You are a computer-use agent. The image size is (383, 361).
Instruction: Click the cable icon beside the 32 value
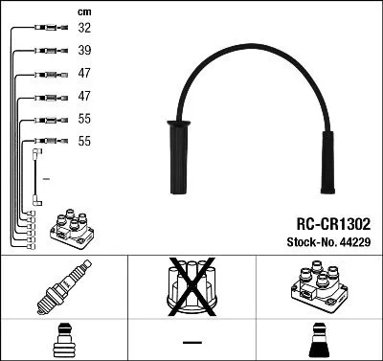(x=45, y=30)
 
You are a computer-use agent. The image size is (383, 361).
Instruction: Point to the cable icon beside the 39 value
(x=45, y=52)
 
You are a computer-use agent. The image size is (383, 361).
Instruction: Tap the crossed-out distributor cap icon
(x=191, y=287)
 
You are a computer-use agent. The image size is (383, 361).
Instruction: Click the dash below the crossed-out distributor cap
(x=191, y=342)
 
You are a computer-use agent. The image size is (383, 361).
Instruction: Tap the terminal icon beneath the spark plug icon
(x=63, y=341)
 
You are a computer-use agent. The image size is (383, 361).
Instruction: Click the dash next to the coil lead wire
(x=46, y=180)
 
